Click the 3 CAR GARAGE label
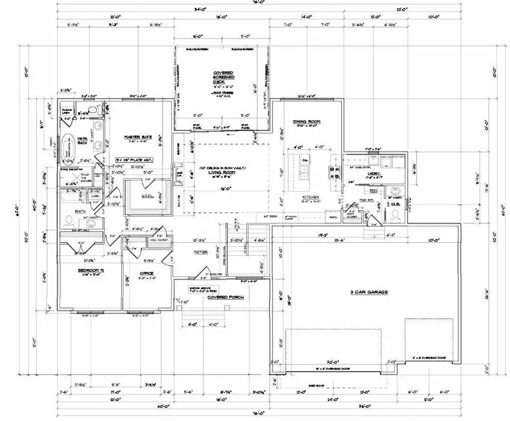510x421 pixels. tap(368, 292)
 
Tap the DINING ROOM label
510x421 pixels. tap(307, 122)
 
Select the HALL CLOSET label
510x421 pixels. tap(156, 240)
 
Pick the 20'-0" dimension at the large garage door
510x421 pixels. tap(332, 362)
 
